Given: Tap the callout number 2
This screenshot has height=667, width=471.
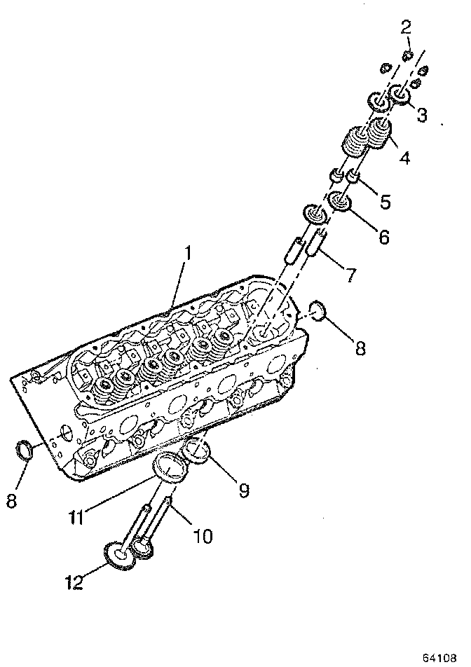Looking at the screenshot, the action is pyautogui.click(x=407, y=28).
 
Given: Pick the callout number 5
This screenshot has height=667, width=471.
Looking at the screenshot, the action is pyautogui.click(x=385, y=202).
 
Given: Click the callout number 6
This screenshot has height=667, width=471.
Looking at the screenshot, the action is pyautogui.click(x=383, y=236).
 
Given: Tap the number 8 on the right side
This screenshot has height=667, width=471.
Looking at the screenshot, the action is pyautogui.click(x=360, y=348).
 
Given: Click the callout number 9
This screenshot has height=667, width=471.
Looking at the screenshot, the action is pyautogui.click(x=243, y=490).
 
